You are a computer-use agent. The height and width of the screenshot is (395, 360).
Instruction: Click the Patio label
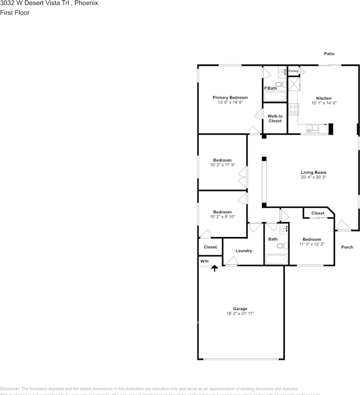pos(329,54)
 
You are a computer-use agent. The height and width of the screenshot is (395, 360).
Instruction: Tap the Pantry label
pos(293,71)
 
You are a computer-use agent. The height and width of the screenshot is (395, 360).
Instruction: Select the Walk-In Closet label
pos(275,118)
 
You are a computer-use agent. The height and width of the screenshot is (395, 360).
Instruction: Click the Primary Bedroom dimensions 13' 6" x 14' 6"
pos(230,102)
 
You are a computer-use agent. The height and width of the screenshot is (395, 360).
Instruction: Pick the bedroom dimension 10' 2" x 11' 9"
pos(222,165)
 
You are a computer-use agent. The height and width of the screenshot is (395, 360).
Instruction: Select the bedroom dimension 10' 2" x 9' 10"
pos(222,216)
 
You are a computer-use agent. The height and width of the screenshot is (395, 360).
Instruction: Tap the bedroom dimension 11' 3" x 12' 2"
pos(311,244)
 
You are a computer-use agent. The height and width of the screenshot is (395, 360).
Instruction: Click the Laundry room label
pos(243,251)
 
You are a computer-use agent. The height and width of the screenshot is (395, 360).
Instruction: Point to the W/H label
pos(204,261)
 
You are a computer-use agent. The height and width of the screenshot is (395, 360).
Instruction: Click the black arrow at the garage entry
pos(214,268)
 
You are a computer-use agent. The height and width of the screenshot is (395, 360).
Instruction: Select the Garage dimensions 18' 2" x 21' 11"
pos(240,314)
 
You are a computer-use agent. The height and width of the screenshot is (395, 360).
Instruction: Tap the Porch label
pos(347,247)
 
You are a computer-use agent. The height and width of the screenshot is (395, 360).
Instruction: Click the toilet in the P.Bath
pos(281,84)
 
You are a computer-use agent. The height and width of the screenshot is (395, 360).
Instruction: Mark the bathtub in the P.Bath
pos(275,97)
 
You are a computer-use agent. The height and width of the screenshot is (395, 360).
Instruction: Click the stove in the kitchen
pos(293,109)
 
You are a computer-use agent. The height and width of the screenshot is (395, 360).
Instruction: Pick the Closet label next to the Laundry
pos(210,247)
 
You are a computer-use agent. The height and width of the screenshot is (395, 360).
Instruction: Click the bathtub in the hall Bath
pos(276,260)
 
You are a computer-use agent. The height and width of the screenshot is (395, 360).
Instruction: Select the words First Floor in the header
pos(15,12)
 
